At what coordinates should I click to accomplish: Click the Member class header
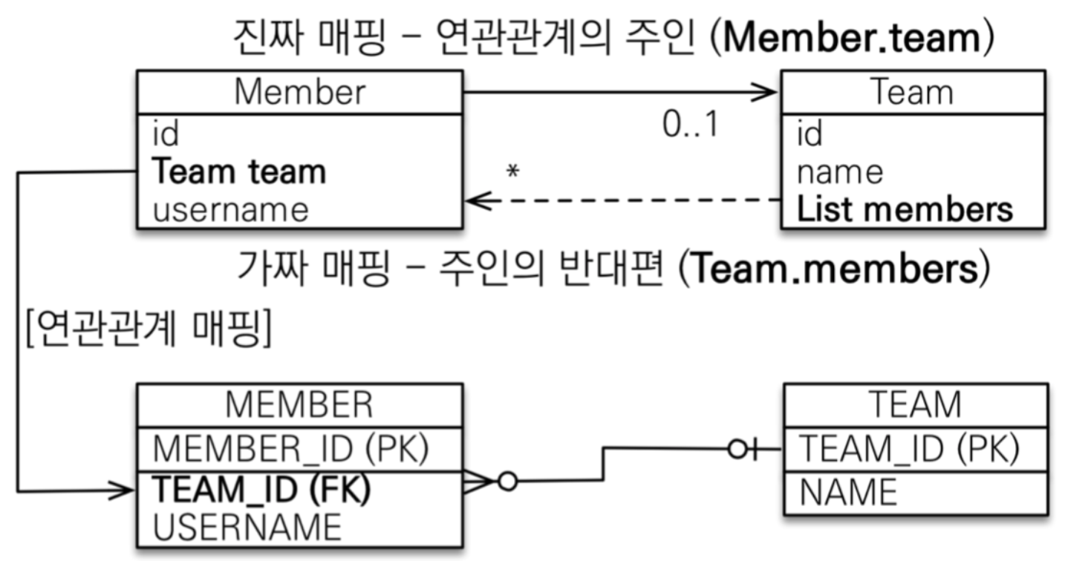click(x=299, y=92)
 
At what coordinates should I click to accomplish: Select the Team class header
click(x=912, y=92)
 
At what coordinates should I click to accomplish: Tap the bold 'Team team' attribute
click(x=238, y=172)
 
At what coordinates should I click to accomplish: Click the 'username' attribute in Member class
click(x=230, y=209)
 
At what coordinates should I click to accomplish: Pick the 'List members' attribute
click(x=905, y=209)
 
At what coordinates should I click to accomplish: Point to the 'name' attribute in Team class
click(x=840, y=172)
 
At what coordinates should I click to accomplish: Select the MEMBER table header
click(x=299, y=404)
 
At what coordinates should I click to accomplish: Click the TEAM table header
click(x=915, y=404)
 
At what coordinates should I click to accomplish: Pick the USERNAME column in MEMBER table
click(x=247, y=526)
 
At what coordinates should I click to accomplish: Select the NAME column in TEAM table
click(x=847, y=492)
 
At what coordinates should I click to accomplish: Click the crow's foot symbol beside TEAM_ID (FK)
click(x=479, y=482)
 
